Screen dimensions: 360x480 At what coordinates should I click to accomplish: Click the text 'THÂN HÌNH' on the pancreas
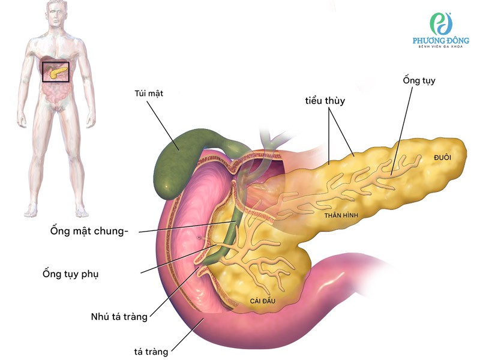click(341, 214)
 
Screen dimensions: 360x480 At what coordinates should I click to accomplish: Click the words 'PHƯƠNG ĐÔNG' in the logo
click(441, 41)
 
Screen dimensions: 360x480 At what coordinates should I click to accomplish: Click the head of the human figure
click(56, 15)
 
